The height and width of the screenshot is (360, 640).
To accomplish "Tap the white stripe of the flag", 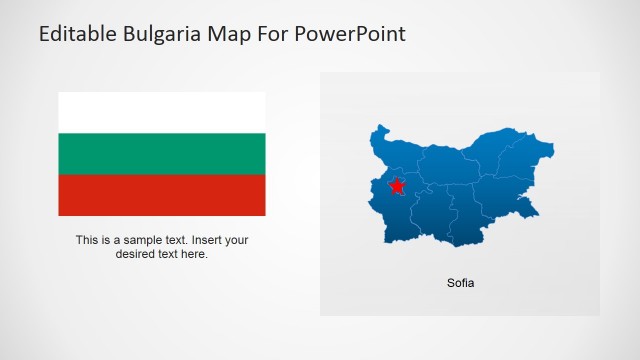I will tap(161, 112).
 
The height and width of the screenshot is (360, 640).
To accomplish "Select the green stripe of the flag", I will tap(161, 153).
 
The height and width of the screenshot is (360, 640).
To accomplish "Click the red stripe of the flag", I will tap(161, 195).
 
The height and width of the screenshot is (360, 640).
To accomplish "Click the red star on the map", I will tap(397, 186).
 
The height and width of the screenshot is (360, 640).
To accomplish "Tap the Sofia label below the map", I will tap(460, 283).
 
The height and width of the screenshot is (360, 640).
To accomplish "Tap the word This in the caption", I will tap(87, 240).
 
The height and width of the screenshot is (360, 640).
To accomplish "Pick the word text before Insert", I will tap(178, 240).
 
